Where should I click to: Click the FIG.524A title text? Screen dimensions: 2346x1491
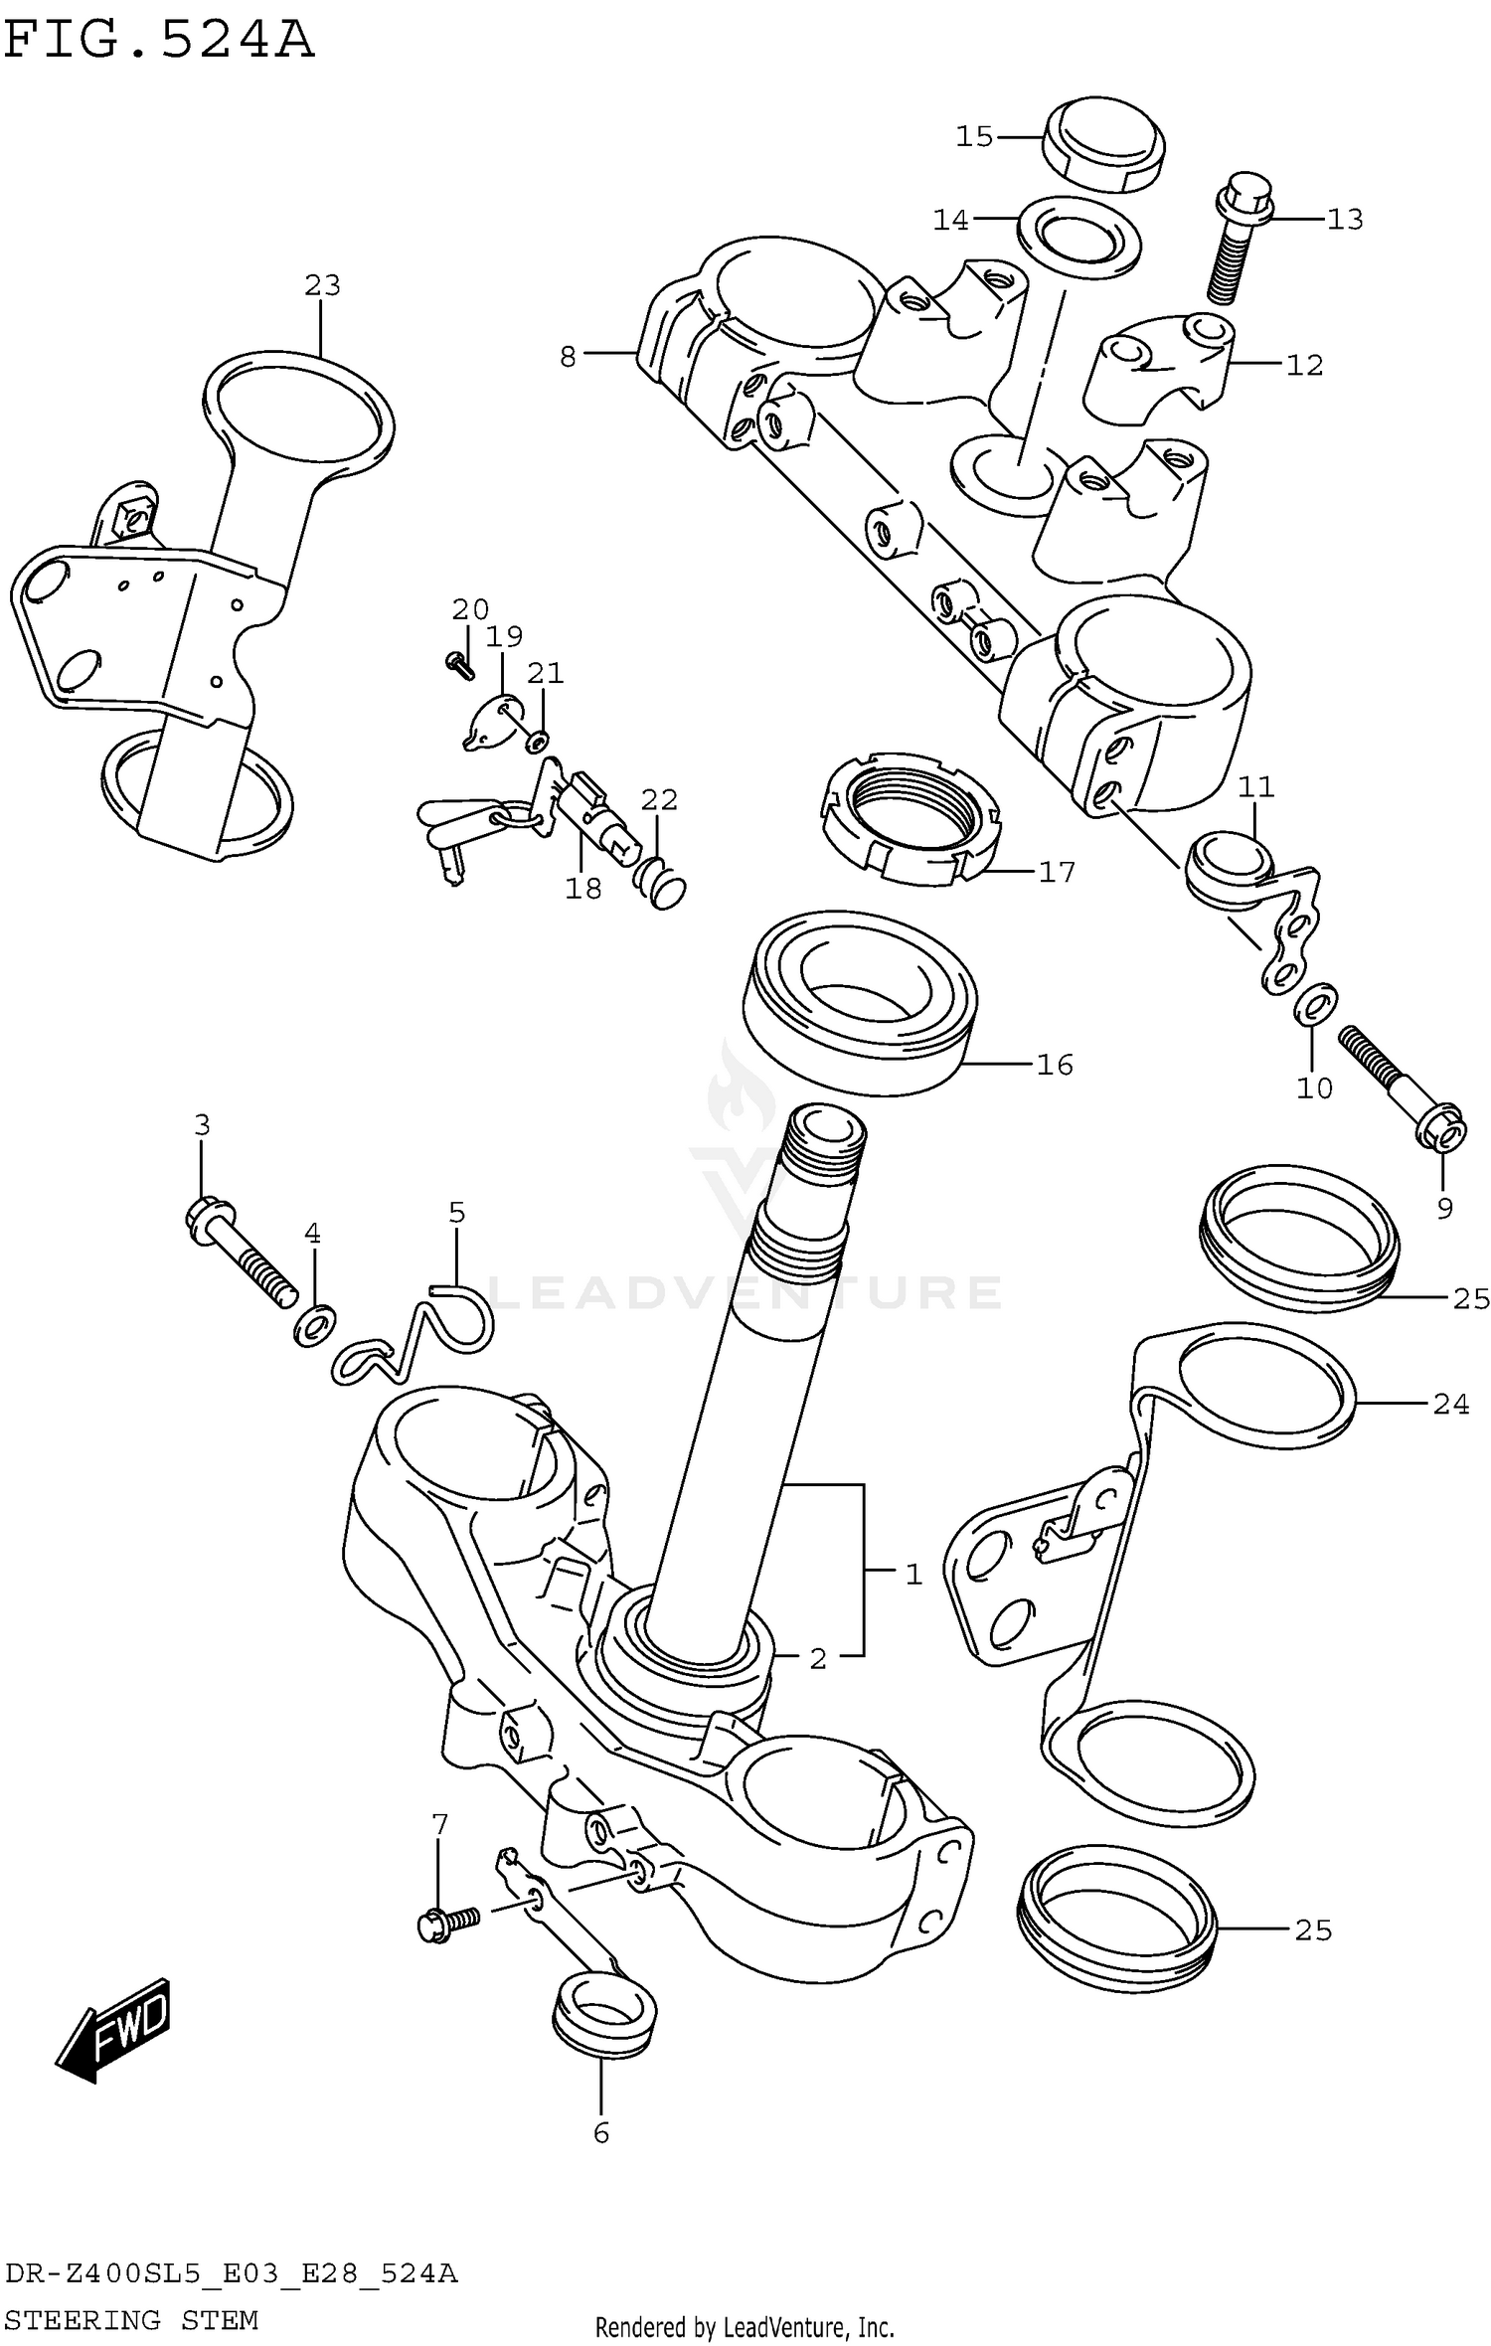tap(159, 42)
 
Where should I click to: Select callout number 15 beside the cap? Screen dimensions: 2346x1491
tap(974, 136)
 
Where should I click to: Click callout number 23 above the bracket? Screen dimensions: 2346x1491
tap(322, 286)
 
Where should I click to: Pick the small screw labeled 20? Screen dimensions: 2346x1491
tap(460, 664)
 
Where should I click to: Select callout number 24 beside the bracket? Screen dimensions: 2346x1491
tap(1450, 1404)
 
